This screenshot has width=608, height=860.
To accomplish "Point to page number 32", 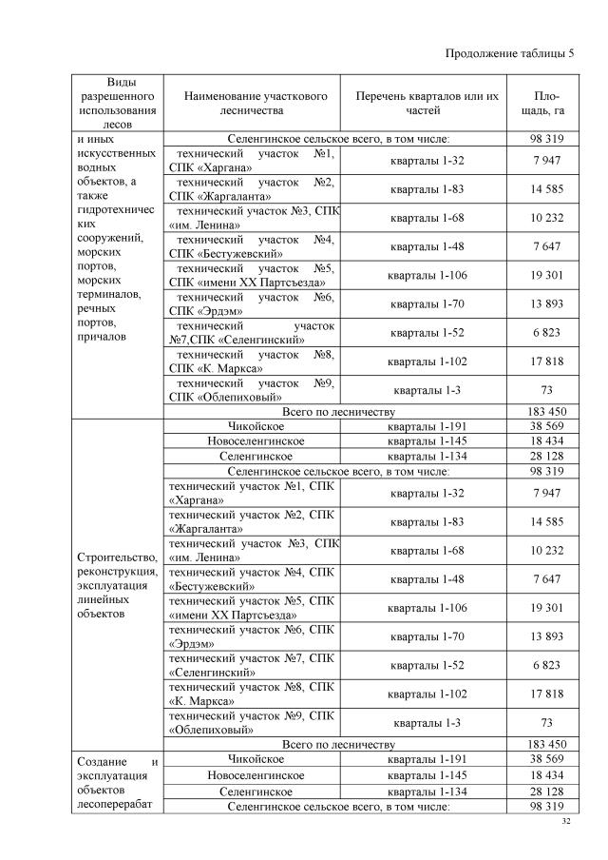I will pyautogui.click(x=566, y=820).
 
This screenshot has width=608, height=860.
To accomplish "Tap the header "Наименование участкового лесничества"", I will pyautogui.click(x=256, y=103).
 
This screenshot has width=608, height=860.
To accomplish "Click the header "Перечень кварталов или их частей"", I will pyautogui.click(x=427, y=103).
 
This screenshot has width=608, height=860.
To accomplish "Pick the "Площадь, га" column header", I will pyautogui.click(x=548, y=103).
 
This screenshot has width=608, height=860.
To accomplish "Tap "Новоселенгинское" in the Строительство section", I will pyautogui.click(x=256, y=440).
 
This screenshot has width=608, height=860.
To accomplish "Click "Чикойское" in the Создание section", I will pyautogui.click(x=256, y=759).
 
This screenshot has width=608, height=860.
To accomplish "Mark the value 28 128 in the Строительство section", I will pyautogui.click(x=548, y=456).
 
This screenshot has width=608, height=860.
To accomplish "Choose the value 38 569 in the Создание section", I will pyautogui.click(x=548, y=759).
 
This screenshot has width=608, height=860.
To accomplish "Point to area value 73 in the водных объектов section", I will pyautogui.click(x=548, y=390).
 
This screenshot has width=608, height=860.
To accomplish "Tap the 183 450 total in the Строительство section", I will pyautogui.click(x=548, y=744).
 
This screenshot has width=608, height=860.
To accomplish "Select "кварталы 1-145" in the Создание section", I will pyautogui.click(x=427, y=775).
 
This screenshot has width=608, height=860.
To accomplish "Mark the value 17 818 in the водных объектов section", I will pyautogui.click(x=548, y=362).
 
